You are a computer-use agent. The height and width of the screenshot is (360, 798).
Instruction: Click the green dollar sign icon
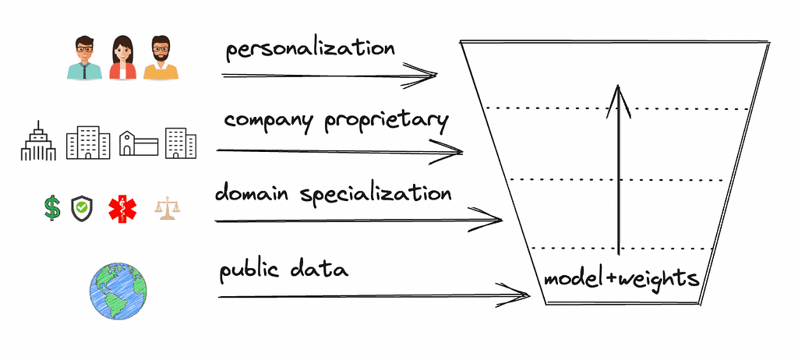52,208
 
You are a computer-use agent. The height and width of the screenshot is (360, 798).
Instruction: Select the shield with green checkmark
81,208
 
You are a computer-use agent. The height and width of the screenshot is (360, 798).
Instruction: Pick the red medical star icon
121,208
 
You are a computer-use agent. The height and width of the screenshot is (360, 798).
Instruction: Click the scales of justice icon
165,208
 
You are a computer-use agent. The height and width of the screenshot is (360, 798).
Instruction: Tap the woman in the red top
122,58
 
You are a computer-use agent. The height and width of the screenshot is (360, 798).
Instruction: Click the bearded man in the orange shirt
161,58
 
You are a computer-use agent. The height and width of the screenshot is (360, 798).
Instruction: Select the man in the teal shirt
84,58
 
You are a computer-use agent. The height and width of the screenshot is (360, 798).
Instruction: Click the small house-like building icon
138,143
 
